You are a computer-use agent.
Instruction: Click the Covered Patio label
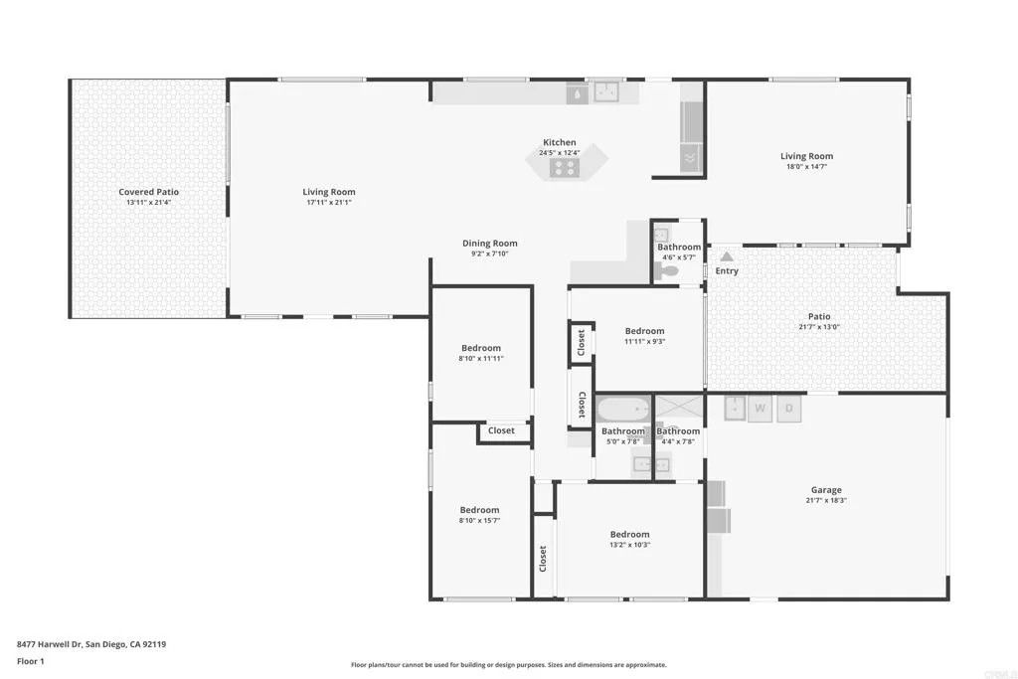point(148,192)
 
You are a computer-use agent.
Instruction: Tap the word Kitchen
point(559,142)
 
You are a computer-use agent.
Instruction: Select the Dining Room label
point(490,244)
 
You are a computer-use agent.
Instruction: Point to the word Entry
point(727,271)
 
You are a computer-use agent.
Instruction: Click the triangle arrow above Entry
point(727,256)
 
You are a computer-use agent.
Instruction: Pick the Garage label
point(826,490)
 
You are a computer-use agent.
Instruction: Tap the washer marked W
point(761,408)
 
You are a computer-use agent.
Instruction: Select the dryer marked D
point(789,408)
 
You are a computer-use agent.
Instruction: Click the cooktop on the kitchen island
point(565,168)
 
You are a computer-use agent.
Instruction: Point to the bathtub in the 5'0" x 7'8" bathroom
point(624,409)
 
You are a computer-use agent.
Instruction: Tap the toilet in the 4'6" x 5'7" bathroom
point(669,269)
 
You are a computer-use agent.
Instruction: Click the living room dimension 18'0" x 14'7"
point(806,167)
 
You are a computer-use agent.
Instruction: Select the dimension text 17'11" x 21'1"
point(329,203)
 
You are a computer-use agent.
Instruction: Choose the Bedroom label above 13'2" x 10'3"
point(630,534)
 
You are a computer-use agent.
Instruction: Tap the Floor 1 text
point(31,661)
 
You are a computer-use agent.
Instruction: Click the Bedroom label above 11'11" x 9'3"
point(644,331)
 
